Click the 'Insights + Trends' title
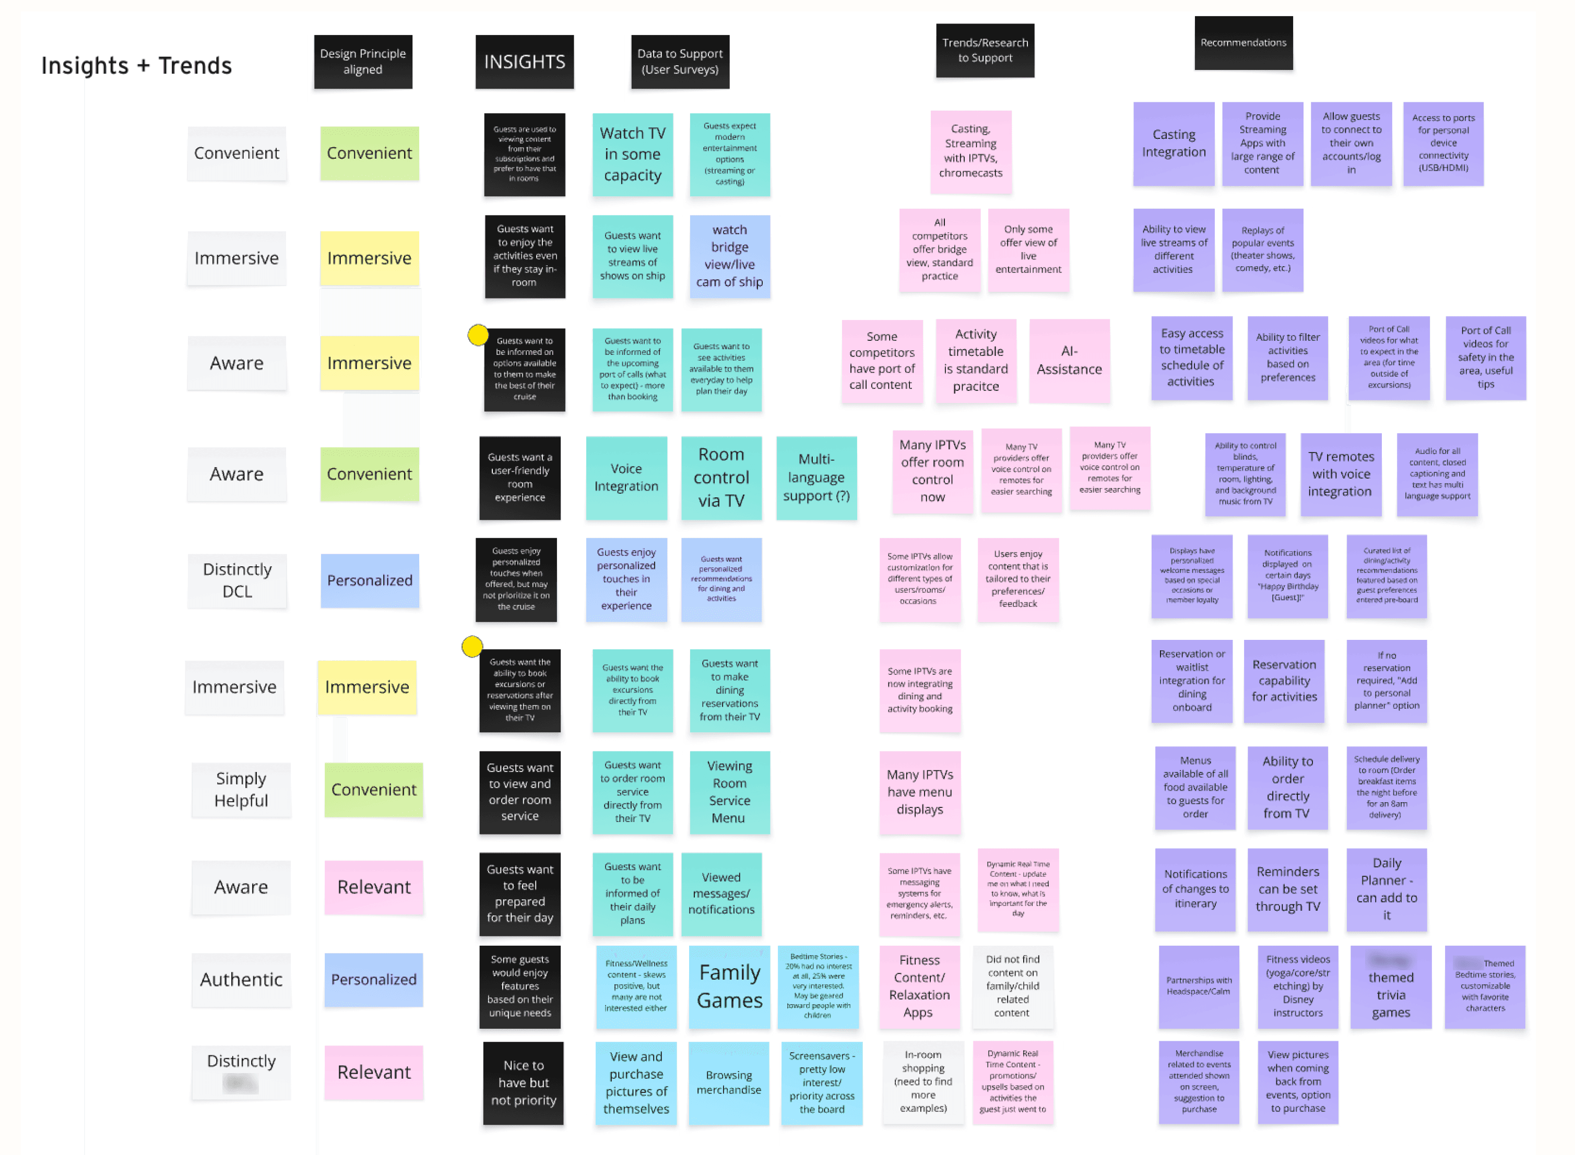tap(136, 66)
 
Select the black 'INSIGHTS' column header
tap(525, 62)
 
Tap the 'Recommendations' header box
tap(1243, 43)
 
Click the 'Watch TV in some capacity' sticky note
tap(632, 154)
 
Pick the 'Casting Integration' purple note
tap(1174, 144)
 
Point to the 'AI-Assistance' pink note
tap(1069, 361)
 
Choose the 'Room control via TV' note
tap(721, 478)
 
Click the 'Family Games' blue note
tap(729, 986)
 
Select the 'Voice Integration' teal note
tap(626, 478)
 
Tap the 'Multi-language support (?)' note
tap(816, 478)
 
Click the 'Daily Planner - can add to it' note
tap(1386, 889)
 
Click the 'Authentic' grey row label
tap(241, 980)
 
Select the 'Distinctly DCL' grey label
tap(237, 580)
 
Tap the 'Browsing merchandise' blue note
tap(728, 1082)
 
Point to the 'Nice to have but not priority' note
tap(523, 1082)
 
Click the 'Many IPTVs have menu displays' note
tap(920, 792)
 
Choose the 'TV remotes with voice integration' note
tap(1341, 474)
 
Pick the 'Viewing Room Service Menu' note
tap(729, 792)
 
